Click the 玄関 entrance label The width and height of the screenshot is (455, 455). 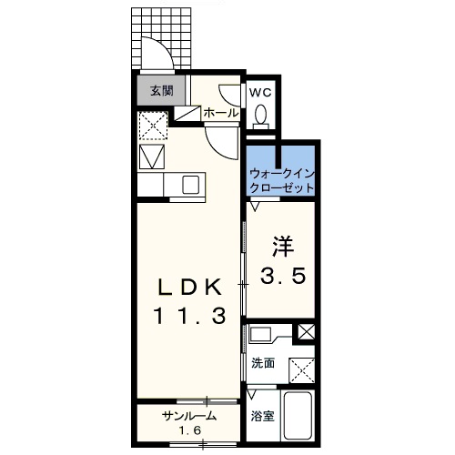pyautogui.click(x=161, y=91)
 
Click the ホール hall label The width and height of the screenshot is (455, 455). pyautogui.click(x=221, y=113)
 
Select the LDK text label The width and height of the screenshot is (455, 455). pyautogui.click(x=188, y=288)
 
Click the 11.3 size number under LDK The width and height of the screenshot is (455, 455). pyautogui.click(x=188, y=318)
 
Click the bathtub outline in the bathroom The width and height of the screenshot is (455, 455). pyautogui.click(x=299, y=419)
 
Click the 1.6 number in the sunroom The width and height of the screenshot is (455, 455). pyautogui.click(x=188, y=430)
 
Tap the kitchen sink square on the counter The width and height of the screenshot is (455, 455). pyautogui.click(x=190, y=185)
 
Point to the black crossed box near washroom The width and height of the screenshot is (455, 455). pyautogui.click(x=307, y=332)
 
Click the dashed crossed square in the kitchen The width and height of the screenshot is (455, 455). pyautogui.click(x=151, y=124)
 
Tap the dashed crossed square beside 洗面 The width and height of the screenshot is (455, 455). pyautogui.click(x=301, y=369)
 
